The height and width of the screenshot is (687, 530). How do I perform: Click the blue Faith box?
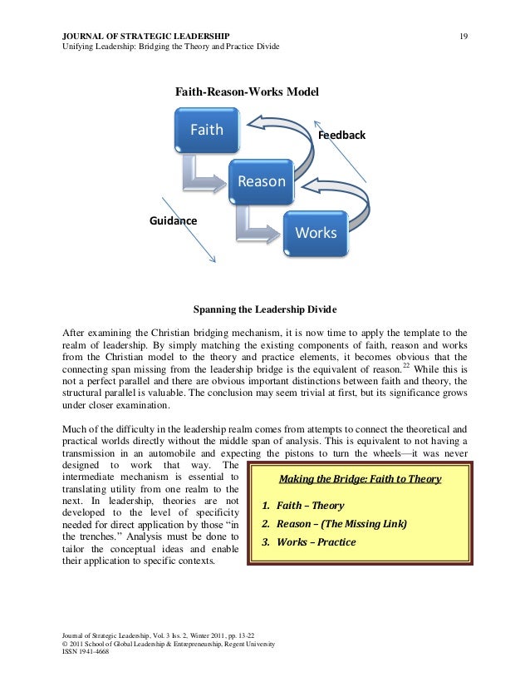point(207,131)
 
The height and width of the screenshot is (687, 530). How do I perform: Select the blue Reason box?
point(261,181)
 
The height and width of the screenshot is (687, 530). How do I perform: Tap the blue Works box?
point(316,233)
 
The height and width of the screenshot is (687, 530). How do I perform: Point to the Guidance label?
point(173,221)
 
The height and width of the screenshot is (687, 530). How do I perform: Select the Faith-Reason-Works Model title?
point(245,91)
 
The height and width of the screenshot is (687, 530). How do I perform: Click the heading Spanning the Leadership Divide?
point(265,310)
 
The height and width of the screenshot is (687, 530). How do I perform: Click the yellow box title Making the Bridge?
point(360,480)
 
